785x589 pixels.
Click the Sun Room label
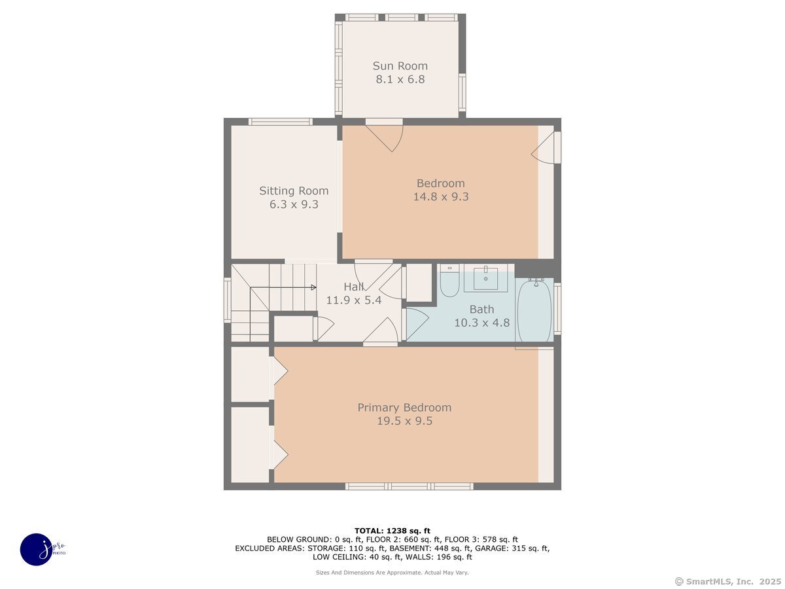click(x=400, y=65)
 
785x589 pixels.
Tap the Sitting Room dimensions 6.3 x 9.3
click(x=294, y=204)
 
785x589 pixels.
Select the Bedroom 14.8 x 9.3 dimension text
click(x=440, y=196)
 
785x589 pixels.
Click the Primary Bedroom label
click(x=404, y=408)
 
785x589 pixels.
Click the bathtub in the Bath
click(x=535, y=310)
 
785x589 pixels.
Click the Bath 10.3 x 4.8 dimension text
click(x=481, y=322)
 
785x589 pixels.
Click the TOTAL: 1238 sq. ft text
click(x=392, y=531)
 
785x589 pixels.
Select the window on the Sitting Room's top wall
click(x=280, y=122)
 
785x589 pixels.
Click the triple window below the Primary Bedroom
click(x=409, y=486)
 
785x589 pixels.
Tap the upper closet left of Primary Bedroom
click(x=251, y=374)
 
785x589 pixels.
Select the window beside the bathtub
click(x=557, y=308)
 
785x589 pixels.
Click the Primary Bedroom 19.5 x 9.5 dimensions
click(x=404, y=421)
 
